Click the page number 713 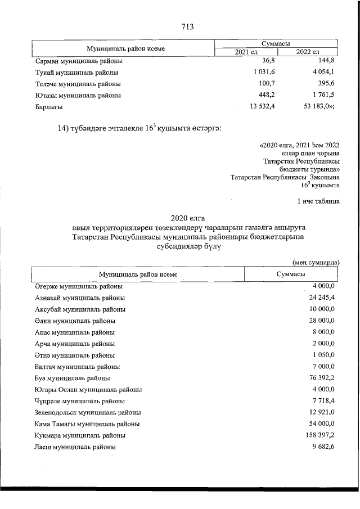188,26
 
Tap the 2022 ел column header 307,52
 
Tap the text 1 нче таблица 318,201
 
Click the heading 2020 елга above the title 188,218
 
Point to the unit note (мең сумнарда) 316,262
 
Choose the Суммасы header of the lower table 290,274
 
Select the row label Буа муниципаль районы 72,378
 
